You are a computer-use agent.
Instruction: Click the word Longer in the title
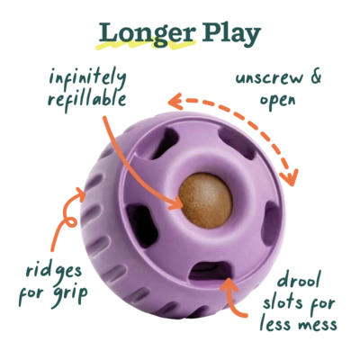(x=148, y=33)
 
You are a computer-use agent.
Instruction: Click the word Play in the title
(x=230, y=33)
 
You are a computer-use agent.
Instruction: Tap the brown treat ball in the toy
(x=205, y=200)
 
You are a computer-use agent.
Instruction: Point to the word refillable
(x=87, y=100)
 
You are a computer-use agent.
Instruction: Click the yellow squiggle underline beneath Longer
(x=145, y=46)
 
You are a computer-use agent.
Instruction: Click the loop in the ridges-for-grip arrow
(x=71, y=222)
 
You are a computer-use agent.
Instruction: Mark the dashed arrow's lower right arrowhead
(x=290, y=177)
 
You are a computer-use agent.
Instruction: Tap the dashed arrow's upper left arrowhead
(x=176, y=101)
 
